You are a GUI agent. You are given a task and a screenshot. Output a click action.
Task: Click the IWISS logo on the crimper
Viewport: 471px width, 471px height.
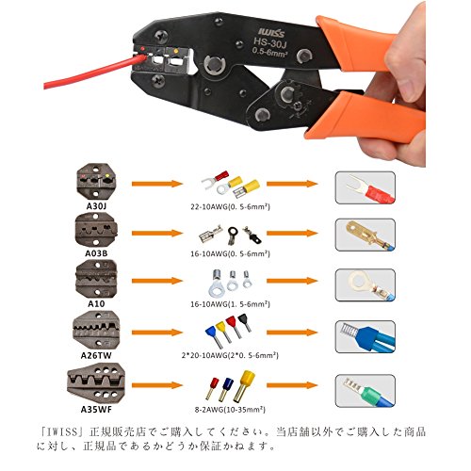coord(271,32)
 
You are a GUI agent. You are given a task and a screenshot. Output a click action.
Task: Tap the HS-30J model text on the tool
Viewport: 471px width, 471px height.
coord(270,42)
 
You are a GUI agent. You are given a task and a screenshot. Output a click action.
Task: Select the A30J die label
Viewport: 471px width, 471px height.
coord(96,206)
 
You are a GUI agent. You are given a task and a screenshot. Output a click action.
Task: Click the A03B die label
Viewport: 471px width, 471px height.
coord(96,253)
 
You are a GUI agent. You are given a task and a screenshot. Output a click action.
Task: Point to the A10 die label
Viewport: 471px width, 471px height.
coord(96,303)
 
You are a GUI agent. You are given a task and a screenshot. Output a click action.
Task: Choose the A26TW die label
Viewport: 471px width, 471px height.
coord(96,355)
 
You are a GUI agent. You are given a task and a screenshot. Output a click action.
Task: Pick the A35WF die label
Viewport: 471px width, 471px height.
coord(96,410)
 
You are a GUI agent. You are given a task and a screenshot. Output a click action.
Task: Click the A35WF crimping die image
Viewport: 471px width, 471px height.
coord(96,383)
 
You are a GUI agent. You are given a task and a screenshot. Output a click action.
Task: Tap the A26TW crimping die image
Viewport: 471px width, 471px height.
coord(96,330)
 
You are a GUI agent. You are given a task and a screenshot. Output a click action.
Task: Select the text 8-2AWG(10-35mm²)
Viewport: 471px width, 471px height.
coord(230,410)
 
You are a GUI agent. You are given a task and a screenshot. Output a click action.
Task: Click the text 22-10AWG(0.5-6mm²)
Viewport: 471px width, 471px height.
coord(230,206)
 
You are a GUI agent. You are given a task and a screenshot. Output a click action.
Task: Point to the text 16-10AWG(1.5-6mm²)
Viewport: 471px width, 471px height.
coord(230,304)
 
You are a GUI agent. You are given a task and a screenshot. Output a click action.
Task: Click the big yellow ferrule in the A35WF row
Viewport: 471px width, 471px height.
coord(244,386)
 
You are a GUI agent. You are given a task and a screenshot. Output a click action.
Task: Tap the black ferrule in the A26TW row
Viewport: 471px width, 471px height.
coord(244,322)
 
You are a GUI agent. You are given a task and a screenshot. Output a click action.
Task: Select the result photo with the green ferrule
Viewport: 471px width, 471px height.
coord(365,391)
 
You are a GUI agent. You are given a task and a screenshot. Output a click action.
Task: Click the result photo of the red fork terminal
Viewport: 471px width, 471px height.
coord(365,187)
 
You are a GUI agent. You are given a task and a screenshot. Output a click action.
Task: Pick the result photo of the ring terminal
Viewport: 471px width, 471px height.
coord(365,285)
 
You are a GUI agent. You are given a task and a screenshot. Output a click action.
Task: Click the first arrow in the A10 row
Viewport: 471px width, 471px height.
coord(157,281)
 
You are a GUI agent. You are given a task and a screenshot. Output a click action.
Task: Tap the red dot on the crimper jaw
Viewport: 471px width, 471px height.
coord(142,49)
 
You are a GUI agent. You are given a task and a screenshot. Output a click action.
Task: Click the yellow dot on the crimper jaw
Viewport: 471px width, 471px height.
coord(176,51)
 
